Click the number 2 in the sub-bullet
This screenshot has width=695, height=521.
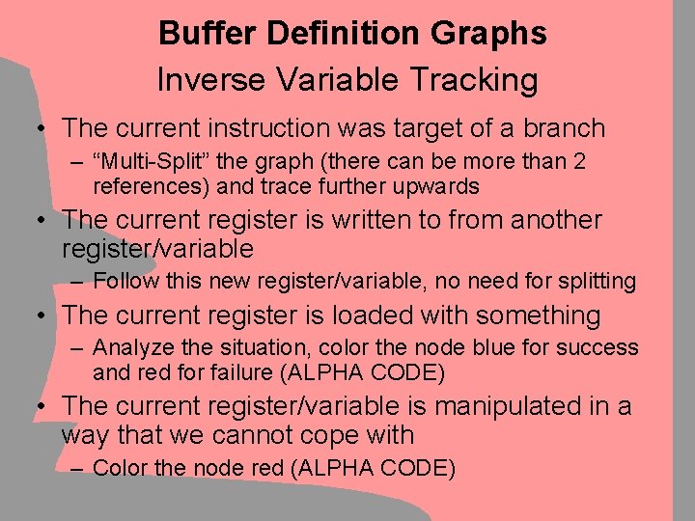577,161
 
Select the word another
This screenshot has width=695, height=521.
546,220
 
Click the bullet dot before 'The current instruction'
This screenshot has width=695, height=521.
42,128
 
